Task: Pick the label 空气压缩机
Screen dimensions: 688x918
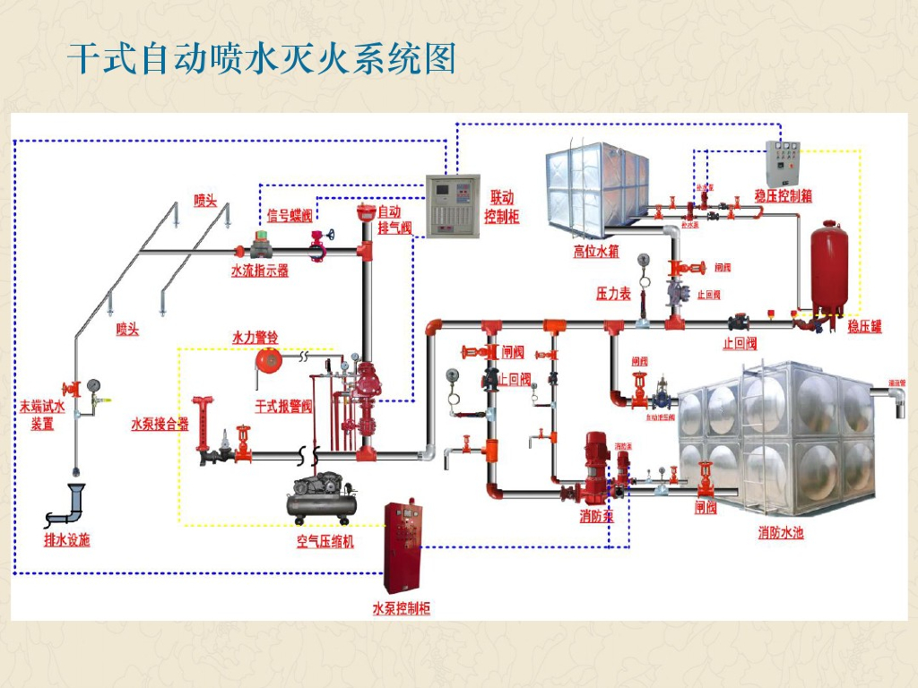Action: [325, 542]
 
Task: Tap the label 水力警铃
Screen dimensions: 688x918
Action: [255, 338]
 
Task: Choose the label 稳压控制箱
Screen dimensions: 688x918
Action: [783, 195]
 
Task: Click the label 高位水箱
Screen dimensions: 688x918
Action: [596, 252]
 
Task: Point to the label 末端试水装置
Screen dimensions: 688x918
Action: [42, 415]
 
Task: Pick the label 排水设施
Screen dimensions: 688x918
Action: [67, 540]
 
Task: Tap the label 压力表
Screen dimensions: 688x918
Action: [614, 294]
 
